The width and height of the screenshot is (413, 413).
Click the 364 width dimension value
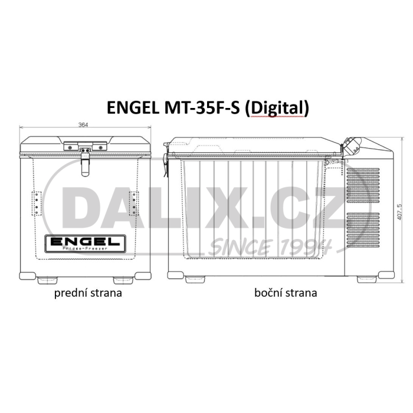point(83,125)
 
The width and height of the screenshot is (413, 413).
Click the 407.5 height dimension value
point(399,212)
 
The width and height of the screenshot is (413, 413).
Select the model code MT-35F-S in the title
point(202,108)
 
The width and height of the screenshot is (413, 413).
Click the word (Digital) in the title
point(277,108)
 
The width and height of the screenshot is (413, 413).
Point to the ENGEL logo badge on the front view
point(85,243)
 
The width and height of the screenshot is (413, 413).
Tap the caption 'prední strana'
point(88,293)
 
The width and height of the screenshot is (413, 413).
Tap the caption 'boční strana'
point(286,293)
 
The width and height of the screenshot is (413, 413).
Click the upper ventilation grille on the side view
point(363,185)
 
